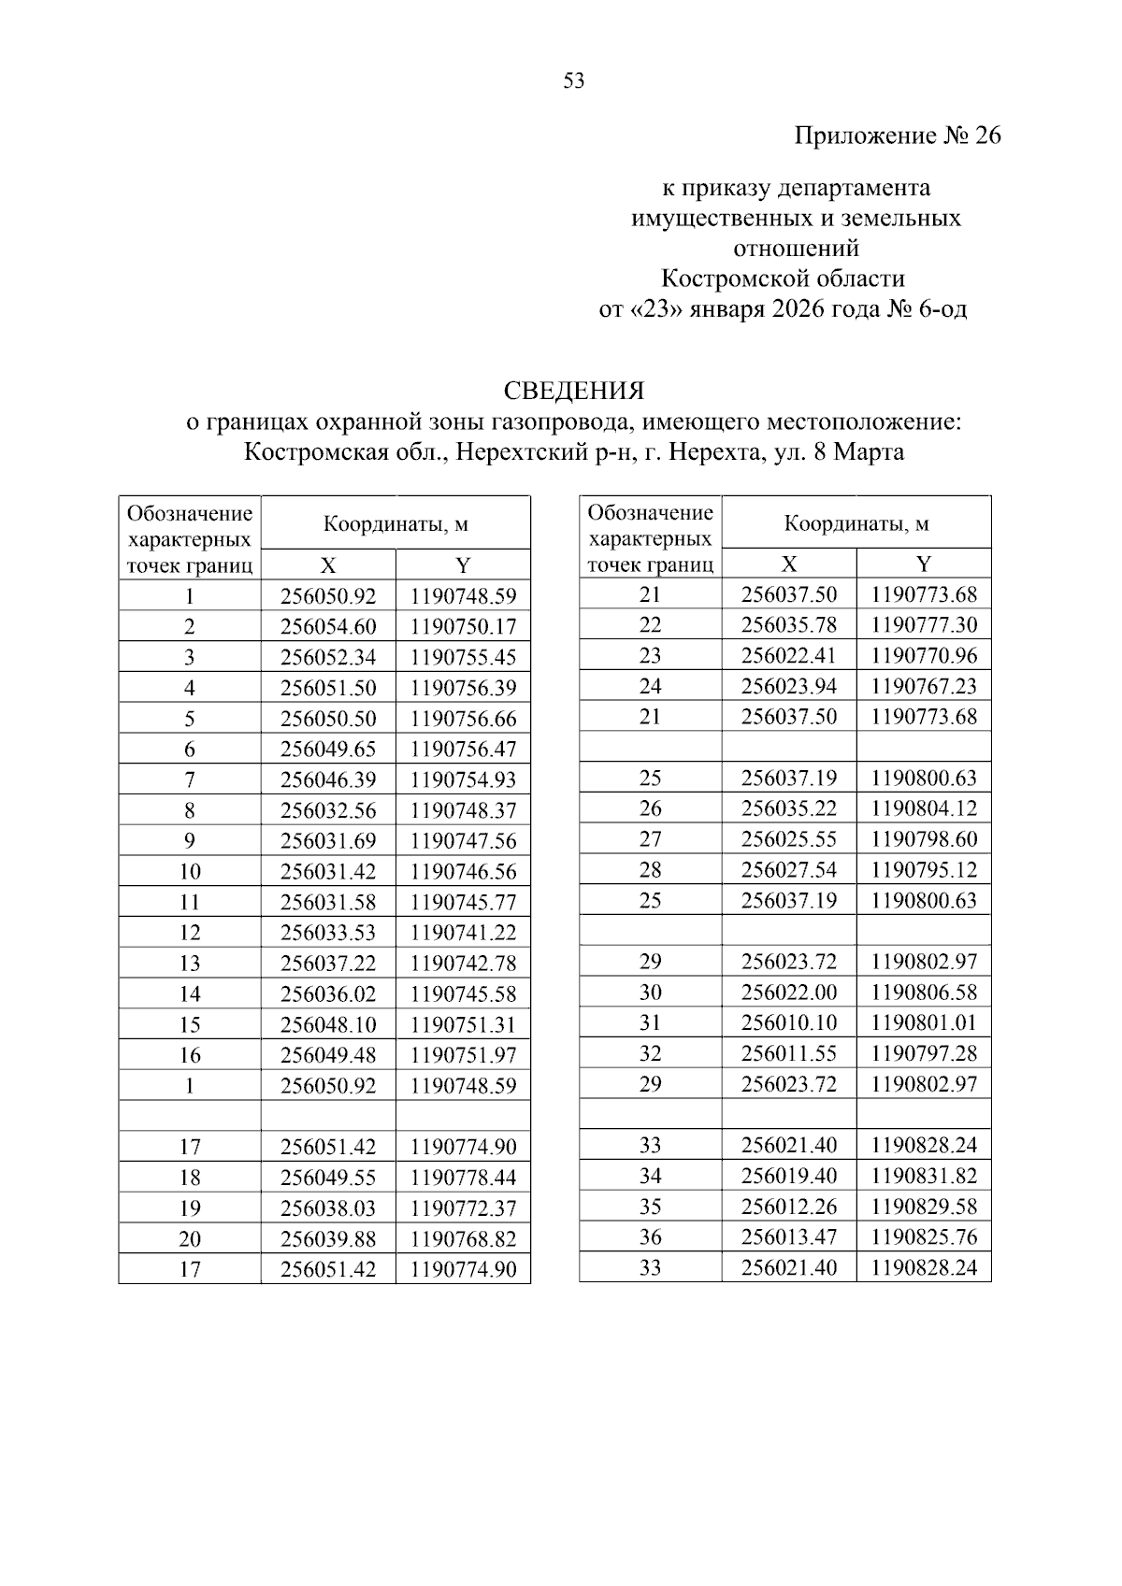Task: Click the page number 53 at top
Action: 574,81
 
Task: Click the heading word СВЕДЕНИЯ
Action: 574,390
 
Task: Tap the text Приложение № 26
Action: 897,136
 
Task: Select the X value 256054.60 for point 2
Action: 328,627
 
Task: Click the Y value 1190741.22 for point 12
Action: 463,933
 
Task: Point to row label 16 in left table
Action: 190,1056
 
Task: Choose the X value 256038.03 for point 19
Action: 328,1208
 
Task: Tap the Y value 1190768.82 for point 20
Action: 463,1239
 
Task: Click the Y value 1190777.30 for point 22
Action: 924,624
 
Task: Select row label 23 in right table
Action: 650,655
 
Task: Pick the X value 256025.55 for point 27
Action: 789,839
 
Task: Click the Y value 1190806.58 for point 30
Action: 924,993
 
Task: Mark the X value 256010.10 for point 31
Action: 789,1023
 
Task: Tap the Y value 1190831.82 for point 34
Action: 924,1176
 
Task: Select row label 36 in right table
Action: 650,1237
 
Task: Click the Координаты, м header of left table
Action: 396,524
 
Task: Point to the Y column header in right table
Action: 924,564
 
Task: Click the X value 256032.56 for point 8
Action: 328,811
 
